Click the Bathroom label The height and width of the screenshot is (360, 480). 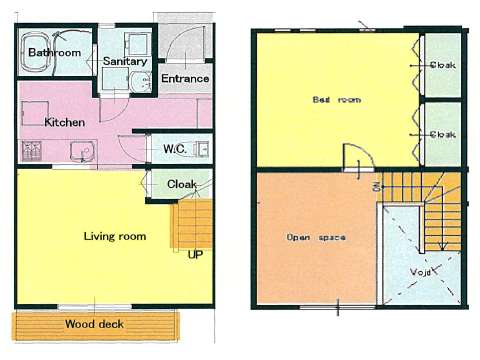[x=55, y=52]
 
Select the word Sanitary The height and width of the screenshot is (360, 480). [x=125, y=61]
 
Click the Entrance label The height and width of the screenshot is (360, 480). [x=185, y=78]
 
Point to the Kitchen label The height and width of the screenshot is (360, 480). [x=64, y=122]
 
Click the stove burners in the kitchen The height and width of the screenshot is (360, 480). [x=32, y=151]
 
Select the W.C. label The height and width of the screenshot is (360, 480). [x=175, y=149]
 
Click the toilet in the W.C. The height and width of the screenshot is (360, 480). [x=202, y=149]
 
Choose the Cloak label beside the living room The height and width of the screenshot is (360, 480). [x=182, y=184]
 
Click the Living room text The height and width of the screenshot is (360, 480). [x=115, y=236]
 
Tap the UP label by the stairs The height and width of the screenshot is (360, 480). [x=195, y=255]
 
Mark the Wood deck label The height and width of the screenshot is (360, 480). [x=94, y=324]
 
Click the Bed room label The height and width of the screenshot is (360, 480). [x=337, y=99]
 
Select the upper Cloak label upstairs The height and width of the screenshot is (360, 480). [x=443, y=65]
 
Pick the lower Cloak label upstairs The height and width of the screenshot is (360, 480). [x=443, y=134]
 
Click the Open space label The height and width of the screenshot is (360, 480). [x=316, y=237]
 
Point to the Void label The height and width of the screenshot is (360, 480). [x=420, y=272]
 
